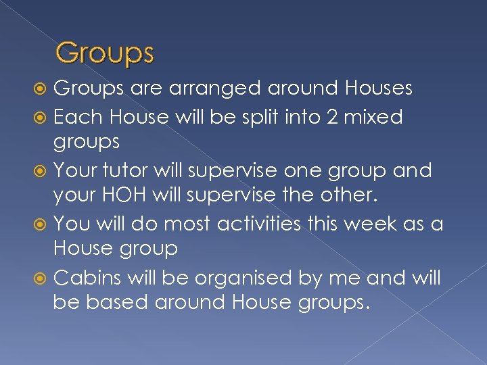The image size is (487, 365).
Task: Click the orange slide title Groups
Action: coord(105,53)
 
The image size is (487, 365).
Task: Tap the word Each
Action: coord(73,117)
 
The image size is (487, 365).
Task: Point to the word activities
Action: coord(264,222)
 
